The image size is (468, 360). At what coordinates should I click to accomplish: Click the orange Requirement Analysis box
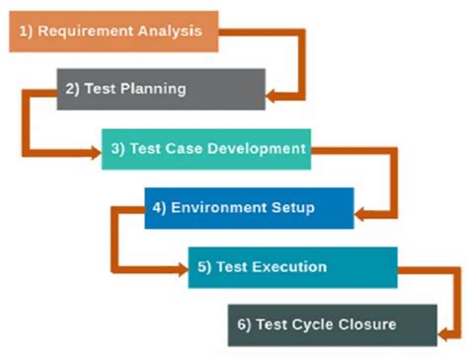tap(114, 31)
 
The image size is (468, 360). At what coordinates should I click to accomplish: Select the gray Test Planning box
tap(161, 89)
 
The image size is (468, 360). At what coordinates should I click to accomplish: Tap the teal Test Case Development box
tap(206, 148)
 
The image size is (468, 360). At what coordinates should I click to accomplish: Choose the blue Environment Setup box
tap(249, 208)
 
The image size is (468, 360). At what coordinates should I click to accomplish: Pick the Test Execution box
tap(292, 267)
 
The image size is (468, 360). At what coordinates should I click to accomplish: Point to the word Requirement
tap(81, 31)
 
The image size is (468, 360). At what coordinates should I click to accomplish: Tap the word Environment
tap(213, 208)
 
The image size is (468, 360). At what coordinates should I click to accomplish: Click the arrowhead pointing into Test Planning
tap(273, 95)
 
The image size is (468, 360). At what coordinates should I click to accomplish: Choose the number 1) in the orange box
tap(29, 31)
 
